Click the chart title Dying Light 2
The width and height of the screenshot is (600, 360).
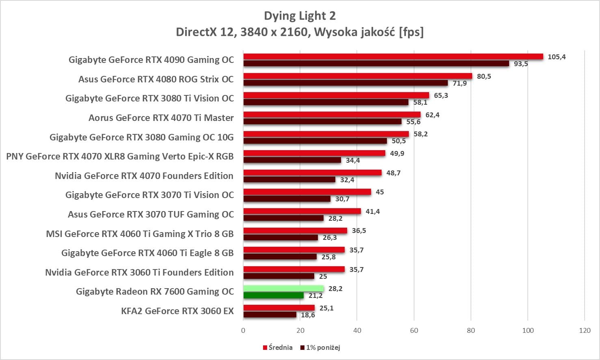pos(300,16)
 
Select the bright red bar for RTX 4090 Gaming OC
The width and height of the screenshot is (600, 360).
pos(393,56)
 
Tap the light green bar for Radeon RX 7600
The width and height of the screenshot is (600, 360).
pos(283,289)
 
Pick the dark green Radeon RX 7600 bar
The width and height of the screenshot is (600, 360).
pos(273,295)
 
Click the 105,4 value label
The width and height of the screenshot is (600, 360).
pos(557,57)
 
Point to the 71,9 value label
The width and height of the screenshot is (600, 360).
pos(460,83)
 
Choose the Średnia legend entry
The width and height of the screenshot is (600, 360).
pos(278,347)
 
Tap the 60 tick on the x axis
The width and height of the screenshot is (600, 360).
pos(414,330)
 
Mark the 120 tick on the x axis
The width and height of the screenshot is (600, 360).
pos(585,330)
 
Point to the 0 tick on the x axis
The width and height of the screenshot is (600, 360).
pos(243,330)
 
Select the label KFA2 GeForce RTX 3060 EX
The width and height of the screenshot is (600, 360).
pos(177,311)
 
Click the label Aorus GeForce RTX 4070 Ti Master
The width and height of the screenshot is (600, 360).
pos(161,118)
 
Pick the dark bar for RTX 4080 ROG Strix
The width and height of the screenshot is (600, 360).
pos(345,83)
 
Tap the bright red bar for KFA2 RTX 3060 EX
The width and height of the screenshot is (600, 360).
pos(279,308)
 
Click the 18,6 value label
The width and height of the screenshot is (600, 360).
pos(308,315)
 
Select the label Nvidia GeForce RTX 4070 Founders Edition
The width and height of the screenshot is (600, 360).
pos(144,176)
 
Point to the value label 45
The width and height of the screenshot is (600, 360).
pos(380,192)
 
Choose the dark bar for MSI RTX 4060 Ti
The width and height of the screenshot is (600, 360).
pos(281,237)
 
